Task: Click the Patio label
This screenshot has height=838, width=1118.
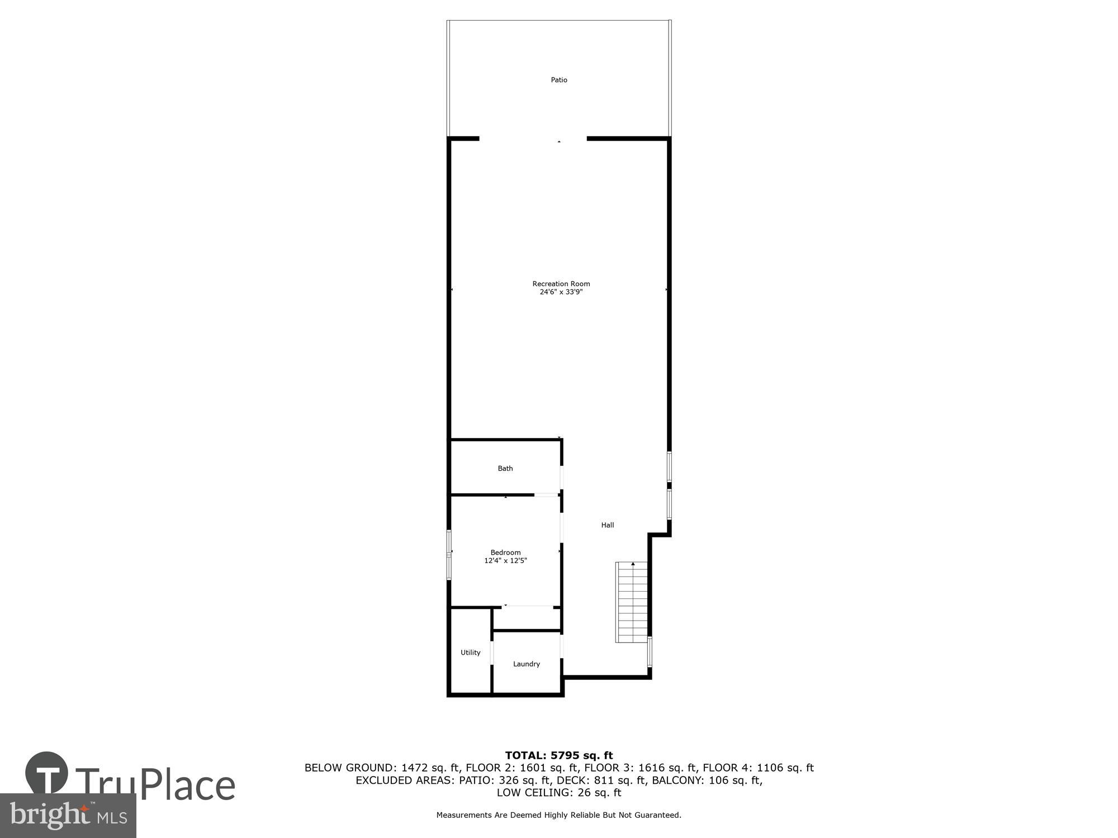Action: tap(559, 80)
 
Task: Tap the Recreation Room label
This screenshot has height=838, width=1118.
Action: tap(561, 284)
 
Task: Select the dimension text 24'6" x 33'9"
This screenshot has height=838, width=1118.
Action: tap(561, 292)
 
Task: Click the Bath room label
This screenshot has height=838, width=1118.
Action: tap(505, 468)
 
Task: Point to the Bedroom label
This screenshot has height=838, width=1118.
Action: tap(505, 553)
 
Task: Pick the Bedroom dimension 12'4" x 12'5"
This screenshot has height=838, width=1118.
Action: tap(505, 560)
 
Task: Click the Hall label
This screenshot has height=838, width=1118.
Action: tap(608, 525)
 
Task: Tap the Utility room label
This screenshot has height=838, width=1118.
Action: tap(470, 652)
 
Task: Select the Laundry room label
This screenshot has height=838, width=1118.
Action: tap(527, 664)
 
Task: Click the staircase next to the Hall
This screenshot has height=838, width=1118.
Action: tap(632, 602)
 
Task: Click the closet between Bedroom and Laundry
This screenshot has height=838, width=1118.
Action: tap(527, 618)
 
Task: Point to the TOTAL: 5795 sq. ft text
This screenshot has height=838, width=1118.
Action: tap(559, 755)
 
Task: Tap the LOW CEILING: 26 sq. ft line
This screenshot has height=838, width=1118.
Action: tap(559, 792)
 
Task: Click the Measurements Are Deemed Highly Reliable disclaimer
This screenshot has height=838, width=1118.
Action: tap(559, 815)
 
